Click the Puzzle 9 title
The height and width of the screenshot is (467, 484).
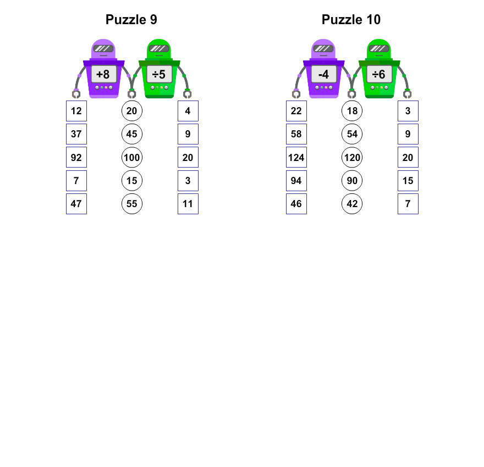coord(131,20)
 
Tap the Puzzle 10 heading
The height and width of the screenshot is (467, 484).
coord(351,20)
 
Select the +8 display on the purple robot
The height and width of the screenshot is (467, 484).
coord(104,74)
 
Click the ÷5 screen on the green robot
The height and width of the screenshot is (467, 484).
coord(159,74)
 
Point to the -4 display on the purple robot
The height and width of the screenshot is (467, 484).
coord(324,74)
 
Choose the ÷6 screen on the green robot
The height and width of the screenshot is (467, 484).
coord(380,74)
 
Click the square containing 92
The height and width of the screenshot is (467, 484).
coord(76,157)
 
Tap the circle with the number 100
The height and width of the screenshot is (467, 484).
coord(132,157)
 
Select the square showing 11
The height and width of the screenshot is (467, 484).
coord(188,204)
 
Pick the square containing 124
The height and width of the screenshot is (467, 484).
coord(296,157)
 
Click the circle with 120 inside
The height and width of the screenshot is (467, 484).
coord(352,157)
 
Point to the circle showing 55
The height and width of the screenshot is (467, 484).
coord(132,204)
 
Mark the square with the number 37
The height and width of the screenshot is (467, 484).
coord(76,134)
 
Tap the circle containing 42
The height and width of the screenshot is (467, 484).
coord(352,204)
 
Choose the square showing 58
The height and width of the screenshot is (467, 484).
coord(296,134)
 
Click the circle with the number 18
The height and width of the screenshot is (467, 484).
coord(352,110)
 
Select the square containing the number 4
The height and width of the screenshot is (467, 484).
coord(188,110)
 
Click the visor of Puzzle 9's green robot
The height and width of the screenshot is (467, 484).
coord(159,48)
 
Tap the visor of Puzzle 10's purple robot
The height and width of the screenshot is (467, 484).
coord(323,48)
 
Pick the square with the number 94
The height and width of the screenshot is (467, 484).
coord(296,181)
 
